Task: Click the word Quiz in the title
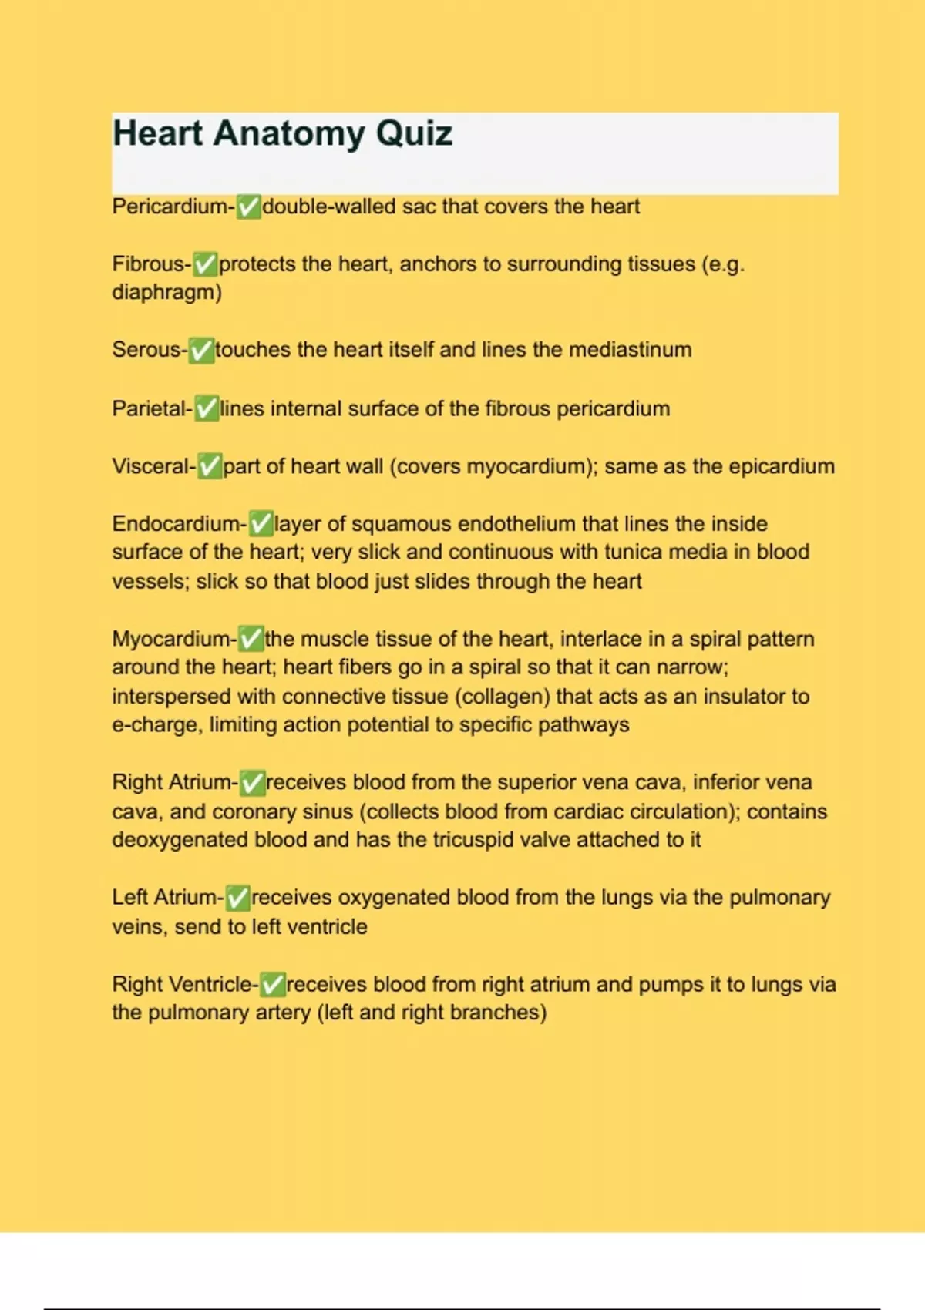pos(414,133)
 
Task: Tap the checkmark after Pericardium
pos(248,207)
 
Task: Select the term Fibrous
pos(149,264)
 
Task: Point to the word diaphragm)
pos(166,293)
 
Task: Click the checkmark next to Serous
pos(201,350)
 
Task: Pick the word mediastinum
pos(630,350)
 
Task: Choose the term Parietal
pos(150,408)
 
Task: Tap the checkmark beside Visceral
pos(210,466)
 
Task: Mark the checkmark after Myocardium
pos(251,639)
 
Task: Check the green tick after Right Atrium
pos(252,783)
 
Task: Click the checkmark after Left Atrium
pos(237,898)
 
